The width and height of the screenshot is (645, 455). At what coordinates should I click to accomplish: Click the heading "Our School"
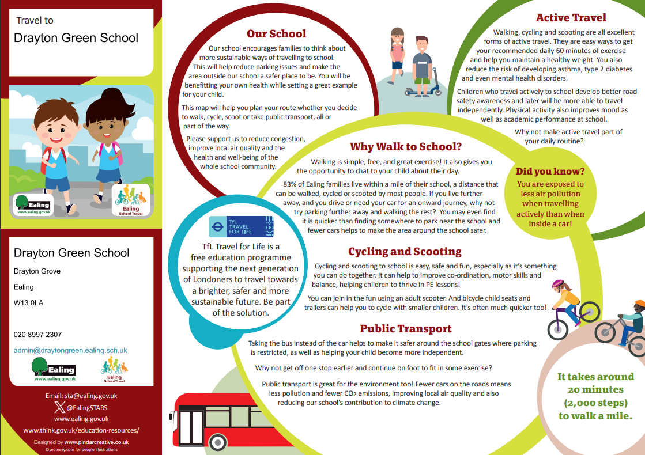[x=277, y=34]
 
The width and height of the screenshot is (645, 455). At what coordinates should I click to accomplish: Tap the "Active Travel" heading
[x=571, y=18]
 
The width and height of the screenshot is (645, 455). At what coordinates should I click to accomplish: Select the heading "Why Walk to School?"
[x=406, y=147]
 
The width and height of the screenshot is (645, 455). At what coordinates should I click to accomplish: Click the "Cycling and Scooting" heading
[x=405, y=252]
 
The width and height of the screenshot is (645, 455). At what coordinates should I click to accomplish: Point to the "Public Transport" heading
[x=406, y=329]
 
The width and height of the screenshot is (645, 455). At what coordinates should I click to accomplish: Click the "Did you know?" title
[x=550, y=171]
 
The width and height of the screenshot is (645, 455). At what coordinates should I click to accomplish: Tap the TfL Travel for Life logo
[x=241, y=226]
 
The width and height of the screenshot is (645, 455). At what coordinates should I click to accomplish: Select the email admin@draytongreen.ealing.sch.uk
[x=70, y=350]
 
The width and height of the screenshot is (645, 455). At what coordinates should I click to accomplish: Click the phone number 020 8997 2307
[x=37, y=334]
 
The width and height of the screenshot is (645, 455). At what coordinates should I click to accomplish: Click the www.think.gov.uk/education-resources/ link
[x=81, y=430]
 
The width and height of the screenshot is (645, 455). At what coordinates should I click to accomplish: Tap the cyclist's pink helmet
[x=557, y=284]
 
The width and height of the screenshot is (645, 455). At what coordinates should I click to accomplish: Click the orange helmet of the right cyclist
[x=639, y=305]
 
